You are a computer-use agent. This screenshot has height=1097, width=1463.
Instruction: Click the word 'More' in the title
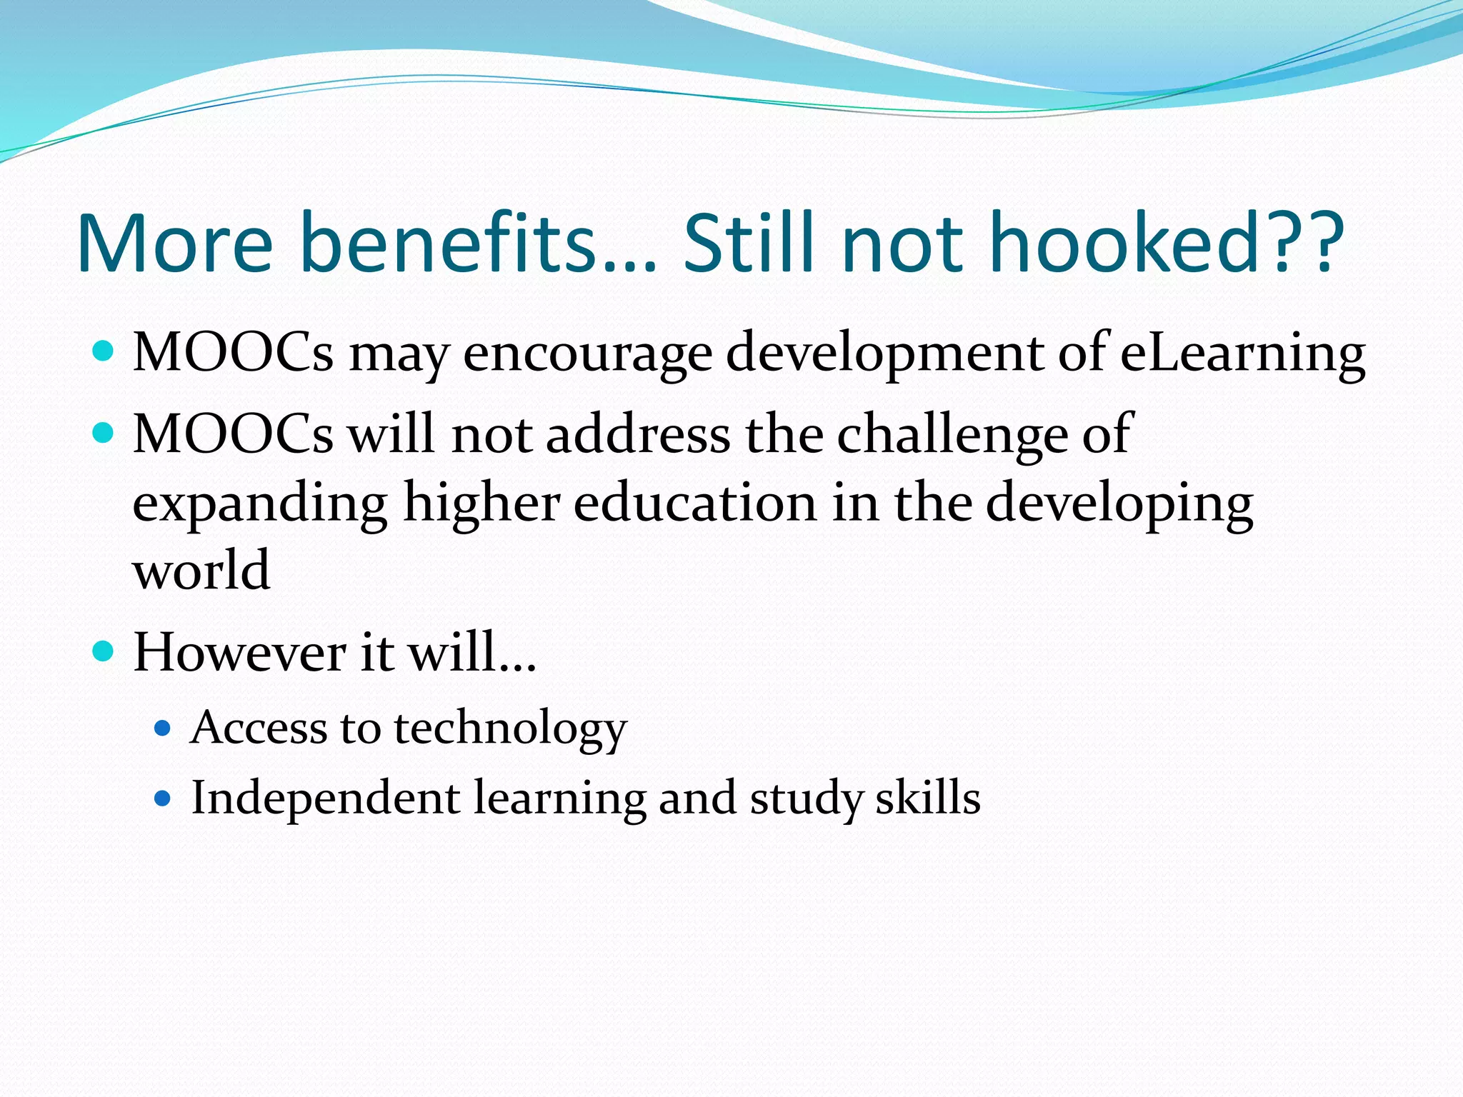coord(175,243)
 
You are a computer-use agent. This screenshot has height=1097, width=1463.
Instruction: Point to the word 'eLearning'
coord(1242,353)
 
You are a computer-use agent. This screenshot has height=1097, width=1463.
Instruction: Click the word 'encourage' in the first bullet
coord(587,354)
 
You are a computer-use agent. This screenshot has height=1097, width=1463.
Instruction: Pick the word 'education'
coord(695,502)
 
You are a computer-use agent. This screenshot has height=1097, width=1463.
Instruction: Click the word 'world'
coord(201,571)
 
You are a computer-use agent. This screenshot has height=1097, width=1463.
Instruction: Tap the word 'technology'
coord(510,728)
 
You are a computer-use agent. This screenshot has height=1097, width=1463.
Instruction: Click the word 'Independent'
coord(325,798)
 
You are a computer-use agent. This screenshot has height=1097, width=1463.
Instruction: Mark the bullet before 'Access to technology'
coord(163,728)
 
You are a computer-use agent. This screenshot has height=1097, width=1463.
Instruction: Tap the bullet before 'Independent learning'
coord(163,798)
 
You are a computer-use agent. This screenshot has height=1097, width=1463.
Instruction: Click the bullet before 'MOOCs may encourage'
coord(104,351)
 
